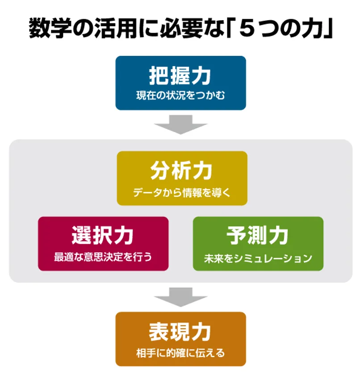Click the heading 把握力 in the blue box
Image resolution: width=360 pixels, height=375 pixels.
180,76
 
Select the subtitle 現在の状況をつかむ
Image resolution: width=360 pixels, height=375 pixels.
180,95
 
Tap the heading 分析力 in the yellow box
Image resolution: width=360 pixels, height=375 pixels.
181,171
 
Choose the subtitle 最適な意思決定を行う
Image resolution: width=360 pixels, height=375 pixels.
103,258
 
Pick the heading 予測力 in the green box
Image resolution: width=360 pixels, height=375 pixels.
258,235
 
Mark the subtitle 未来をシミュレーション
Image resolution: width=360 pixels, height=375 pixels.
258,258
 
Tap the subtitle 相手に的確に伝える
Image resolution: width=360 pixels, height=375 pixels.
180,354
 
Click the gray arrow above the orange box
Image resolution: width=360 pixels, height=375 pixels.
180,296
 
